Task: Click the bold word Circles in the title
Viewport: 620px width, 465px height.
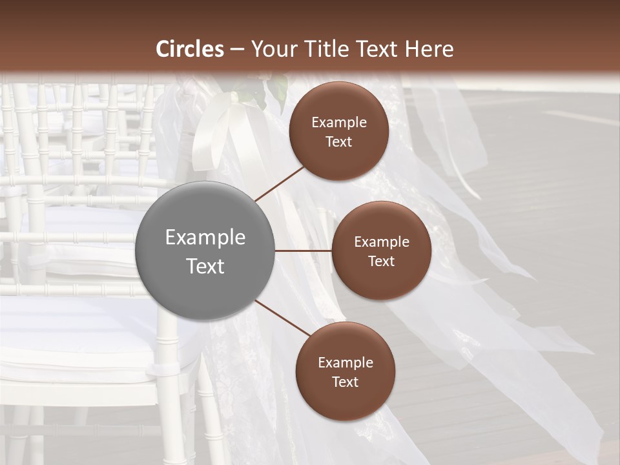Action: [x=190, y=49]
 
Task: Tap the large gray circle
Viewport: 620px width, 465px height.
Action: [x=205, y=251]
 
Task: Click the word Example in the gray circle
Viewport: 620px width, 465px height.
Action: [x=205, y=238]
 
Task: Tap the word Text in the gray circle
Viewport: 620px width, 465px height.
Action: [x=205, y=266]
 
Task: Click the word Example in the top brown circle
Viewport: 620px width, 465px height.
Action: [x=339, y=123]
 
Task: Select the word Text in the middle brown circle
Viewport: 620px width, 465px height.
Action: [x=381, y=261]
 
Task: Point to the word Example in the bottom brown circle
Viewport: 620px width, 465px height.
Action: [x=346, y=363]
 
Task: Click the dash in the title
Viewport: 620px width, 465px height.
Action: [x=236, y=49]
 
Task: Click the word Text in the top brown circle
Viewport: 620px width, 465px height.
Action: [x=338, y=141]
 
